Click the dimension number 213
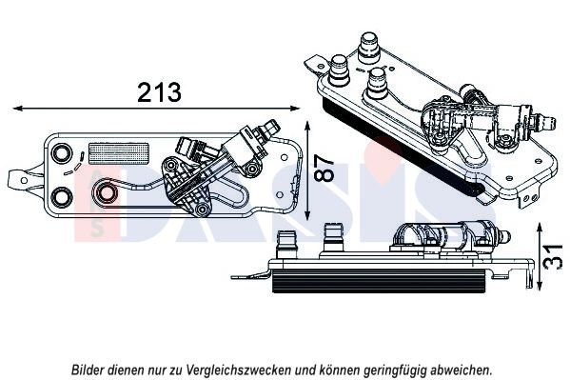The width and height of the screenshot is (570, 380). pos(159,92)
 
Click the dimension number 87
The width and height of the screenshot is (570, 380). pos(324,169)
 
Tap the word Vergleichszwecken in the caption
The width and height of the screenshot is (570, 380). pos(239,370)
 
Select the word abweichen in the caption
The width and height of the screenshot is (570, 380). pos(461,370)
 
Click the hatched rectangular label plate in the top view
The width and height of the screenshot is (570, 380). pos(119,153)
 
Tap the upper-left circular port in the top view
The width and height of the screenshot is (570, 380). pos(60,152)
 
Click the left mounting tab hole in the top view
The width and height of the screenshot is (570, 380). pos(24,180)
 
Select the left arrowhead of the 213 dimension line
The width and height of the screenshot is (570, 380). pos(17,109)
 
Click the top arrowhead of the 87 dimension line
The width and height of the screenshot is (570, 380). pos(308,126)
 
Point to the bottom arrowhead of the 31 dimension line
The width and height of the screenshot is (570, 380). pos(540,285)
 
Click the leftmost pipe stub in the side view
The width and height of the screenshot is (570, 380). pos(286,244)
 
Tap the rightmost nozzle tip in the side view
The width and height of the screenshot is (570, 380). pos(505,238)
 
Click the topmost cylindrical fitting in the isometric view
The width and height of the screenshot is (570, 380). pos(368,48)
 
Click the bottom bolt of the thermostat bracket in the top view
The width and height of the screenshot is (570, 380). pos(202,209)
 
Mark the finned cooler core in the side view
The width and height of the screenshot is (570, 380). pos(379,281)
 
